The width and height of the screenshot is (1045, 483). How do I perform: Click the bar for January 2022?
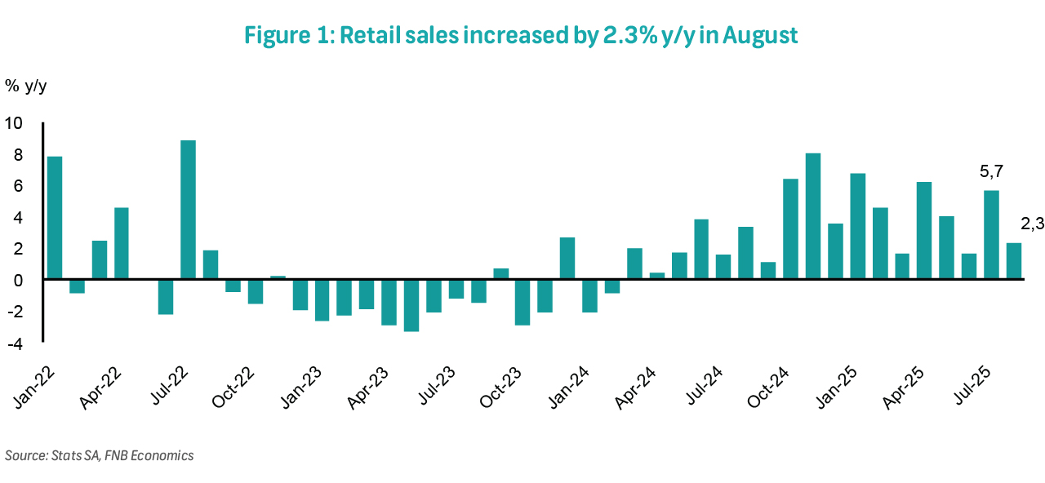[55, 217]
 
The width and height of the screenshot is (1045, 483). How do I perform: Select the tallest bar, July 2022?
[188, 210]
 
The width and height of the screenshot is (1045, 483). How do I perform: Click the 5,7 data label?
[991, 172]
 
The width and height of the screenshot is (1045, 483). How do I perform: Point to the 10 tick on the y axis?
[15, 123]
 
